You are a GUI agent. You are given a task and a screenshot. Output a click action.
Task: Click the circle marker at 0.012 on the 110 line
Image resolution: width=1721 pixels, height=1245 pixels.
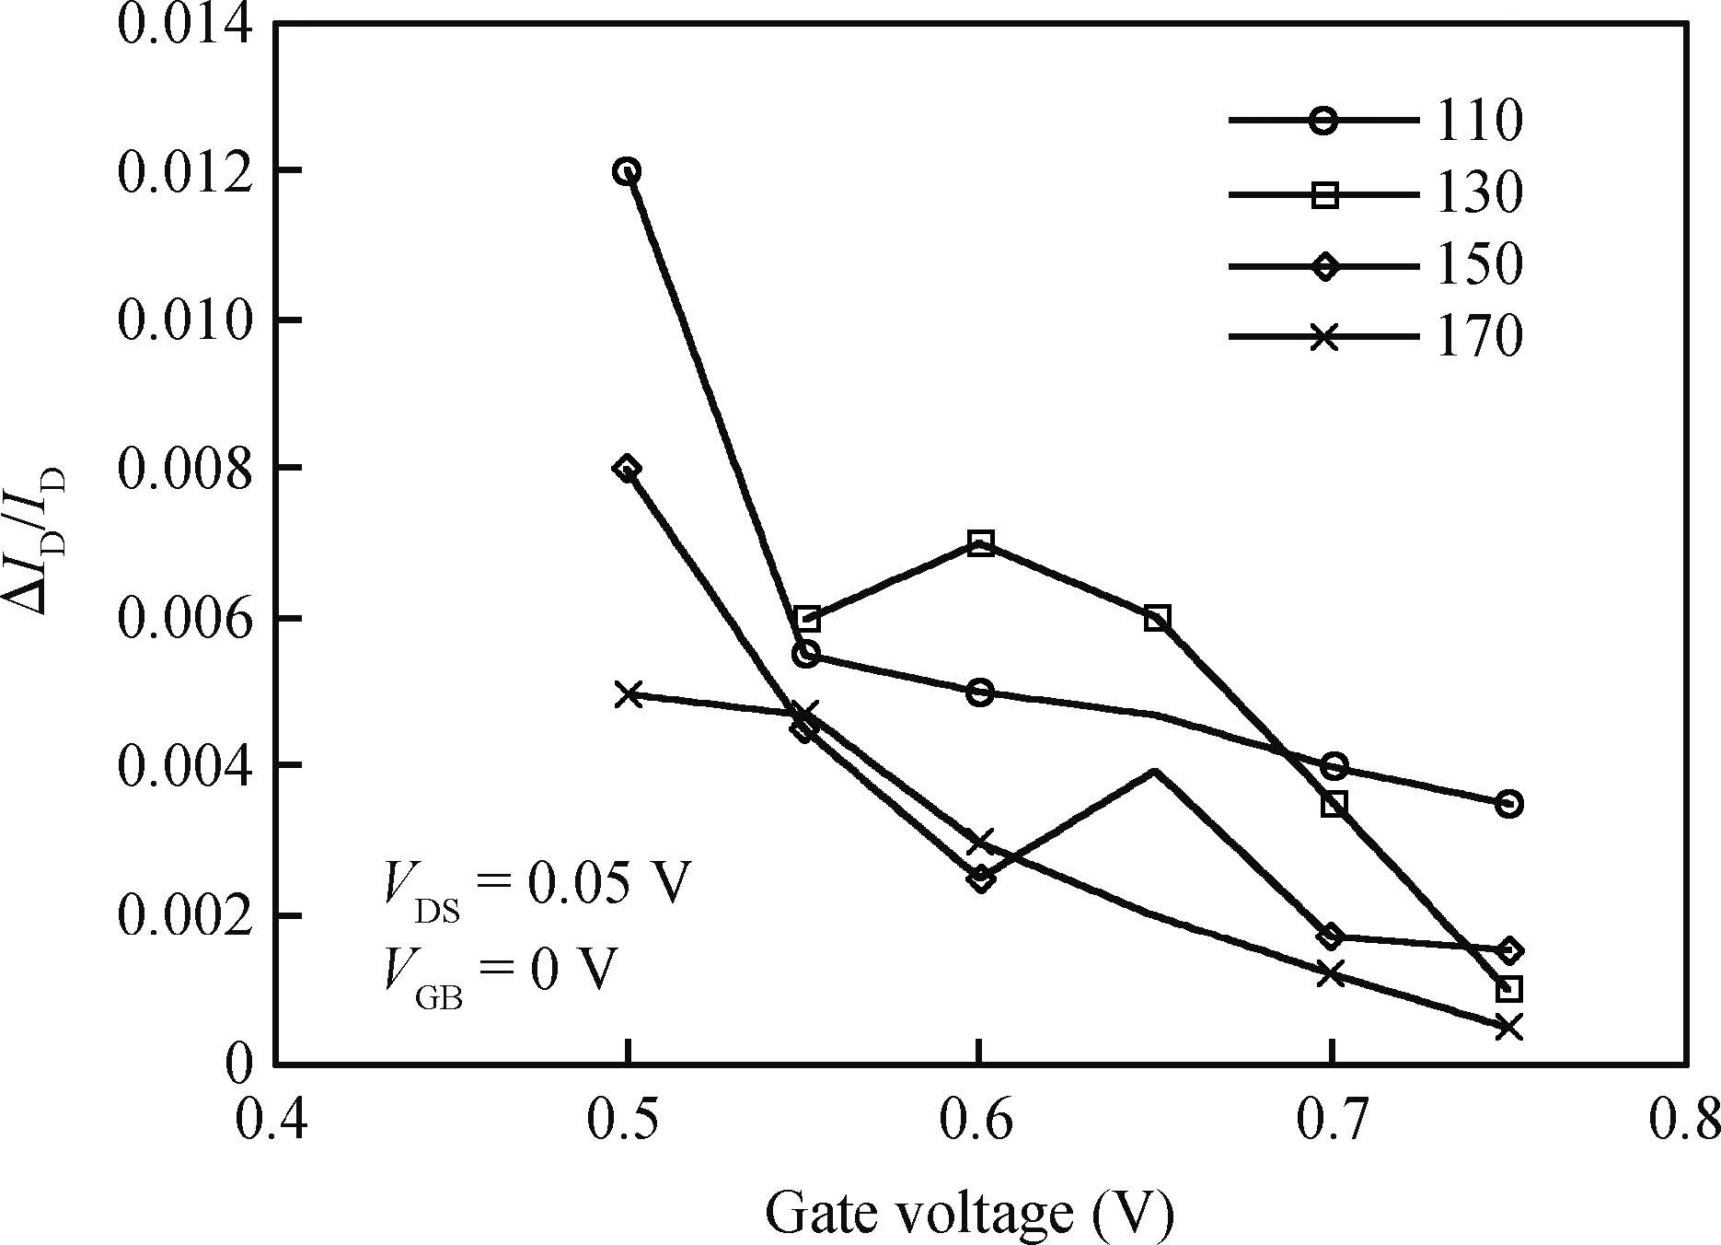pos(628,171)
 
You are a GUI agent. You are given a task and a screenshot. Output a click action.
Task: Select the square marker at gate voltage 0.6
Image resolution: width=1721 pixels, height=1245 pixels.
pos(981,543)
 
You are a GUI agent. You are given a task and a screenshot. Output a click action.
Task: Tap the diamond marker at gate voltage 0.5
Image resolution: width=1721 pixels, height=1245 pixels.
pos(628,469)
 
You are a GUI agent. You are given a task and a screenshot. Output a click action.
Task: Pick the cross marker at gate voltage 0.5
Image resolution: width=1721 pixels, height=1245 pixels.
pos(628,693)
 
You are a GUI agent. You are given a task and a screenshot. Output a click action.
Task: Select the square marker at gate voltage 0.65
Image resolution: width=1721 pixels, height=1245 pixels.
pos(1158,618)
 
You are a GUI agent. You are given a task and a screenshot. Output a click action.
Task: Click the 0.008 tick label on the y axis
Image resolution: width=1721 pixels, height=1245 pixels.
pos(184,470)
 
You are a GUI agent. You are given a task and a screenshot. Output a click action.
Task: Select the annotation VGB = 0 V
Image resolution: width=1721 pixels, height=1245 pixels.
pos(498,972)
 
